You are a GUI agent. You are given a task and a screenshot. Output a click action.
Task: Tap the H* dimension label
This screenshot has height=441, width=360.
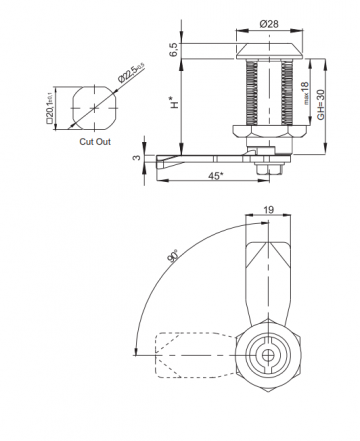pyautogui.click(x=177, y=103)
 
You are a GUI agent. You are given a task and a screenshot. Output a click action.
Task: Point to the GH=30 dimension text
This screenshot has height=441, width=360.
pyautogui.click(x=322, y=104)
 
